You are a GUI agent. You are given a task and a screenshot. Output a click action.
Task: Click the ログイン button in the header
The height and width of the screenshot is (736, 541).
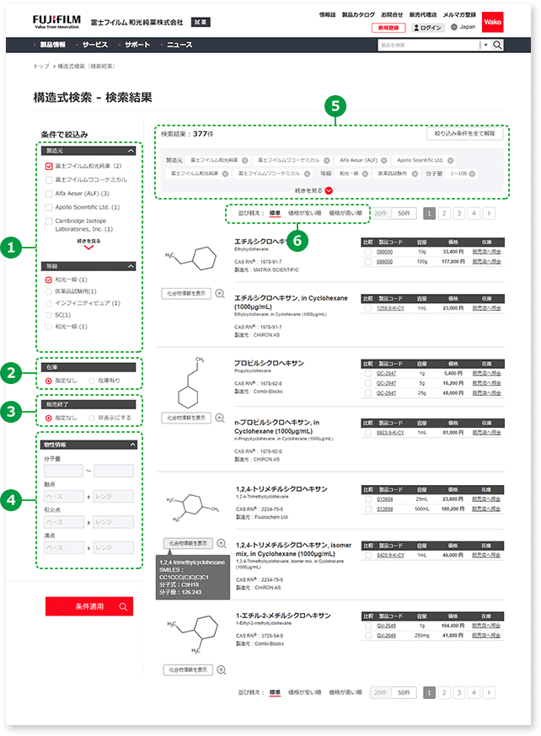click(428, 28)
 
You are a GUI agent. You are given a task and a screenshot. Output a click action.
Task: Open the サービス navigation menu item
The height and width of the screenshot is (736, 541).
click(95, 44)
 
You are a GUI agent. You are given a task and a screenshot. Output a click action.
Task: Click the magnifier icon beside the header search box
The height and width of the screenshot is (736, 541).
click(497, 45)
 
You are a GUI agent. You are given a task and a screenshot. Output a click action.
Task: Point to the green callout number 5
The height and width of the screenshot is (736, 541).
click(336, 106)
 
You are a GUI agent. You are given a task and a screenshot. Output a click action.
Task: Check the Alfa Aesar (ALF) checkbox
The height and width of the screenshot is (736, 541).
click(49, 193)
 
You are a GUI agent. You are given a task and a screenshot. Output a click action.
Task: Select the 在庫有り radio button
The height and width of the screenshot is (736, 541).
click(93, 381)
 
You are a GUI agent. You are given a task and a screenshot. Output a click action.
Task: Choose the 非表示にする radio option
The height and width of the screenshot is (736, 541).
click(93, 417)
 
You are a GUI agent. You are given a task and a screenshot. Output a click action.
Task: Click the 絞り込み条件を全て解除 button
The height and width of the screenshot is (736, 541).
click(466, 133)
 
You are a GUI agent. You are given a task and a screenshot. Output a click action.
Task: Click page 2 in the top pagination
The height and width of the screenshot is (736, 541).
click(445, 214)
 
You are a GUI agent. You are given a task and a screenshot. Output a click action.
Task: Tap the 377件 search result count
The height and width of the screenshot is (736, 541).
click(201, 133)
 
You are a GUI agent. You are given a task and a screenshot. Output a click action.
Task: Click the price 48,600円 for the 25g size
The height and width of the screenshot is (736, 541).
click(453, 392)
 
